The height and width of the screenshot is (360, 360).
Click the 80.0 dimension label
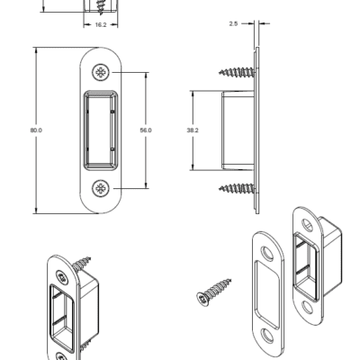coord(36,130)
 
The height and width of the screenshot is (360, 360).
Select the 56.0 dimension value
coord(146,130)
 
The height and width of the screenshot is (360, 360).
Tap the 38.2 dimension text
coord(193,130)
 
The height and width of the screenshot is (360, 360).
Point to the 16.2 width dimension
coord(101,25)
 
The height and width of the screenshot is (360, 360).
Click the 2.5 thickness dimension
coord(233,23)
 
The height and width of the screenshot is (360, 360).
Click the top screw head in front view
coord(101,72)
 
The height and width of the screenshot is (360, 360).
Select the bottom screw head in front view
coord(101,188)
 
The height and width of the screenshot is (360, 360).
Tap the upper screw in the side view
coord(237,72)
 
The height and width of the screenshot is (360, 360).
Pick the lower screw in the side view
coord(237,188)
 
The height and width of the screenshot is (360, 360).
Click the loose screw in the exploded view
coord(213,292)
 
